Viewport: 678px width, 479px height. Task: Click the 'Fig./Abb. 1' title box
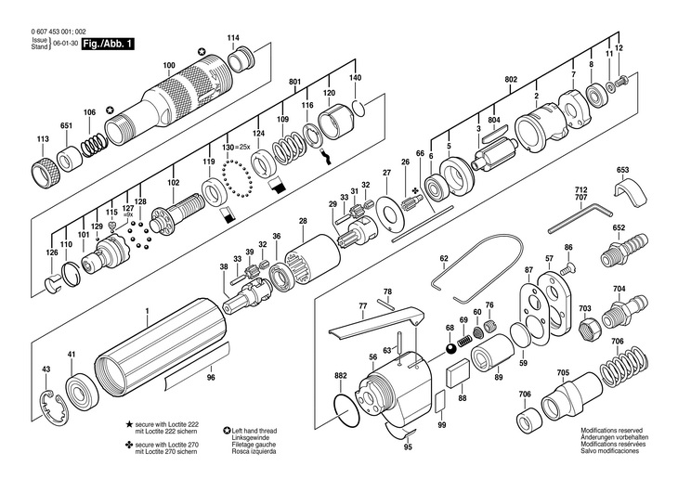pos(108,44)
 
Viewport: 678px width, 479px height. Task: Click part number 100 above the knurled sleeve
pos(168,65)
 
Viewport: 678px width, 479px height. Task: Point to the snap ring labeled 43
pos(57,401)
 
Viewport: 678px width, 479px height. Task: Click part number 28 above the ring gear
pos(303,221)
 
